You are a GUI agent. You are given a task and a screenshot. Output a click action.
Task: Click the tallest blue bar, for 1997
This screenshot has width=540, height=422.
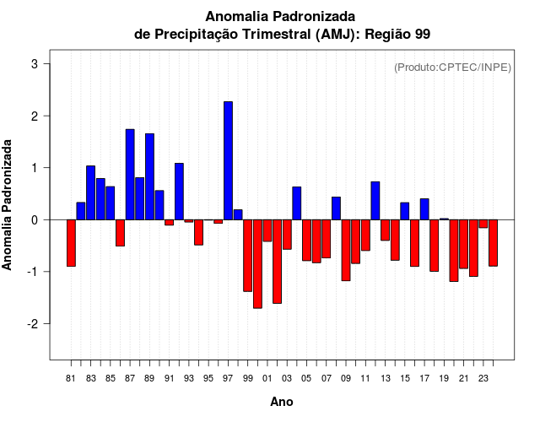pyautogui.click(x=228, y=160)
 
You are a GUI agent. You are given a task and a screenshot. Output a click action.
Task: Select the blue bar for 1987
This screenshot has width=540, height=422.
pyautogui.click(x=130, y=174)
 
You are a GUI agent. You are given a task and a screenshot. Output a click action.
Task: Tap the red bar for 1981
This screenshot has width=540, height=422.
pyautogui.click(x=71, y=243)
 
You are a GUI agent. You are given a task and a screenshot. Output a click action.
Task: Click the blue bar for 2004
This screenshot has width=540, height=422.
pyautogui.click(x=296, y=203)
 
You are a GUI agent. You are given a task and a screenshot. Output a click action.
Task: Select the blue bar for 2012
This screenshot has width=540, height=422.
pyautogui.click(x=375, y=201)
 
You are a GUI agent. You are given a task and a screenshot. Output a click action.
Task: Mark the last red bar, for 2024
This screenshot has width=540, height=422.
pyautogui.click(x=493, y=243)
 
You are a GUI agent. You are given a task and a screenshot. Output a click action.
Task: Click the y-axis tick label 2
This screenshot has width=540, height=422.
pyautogui.click(x=35, y=116)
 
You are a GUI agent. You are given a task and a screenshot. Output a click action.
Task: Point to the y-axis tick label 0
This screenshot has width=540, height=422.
pyautogui.click(x=35, y=220)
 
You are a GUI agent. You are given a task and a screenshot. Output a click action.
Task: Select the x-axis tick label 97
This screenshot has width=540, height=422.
pyautogui.click(x=228, y=378)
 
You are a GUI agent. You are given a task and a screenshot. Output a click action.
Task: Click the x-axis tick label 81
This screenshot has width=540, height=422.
pyautogui.click(x=71, y=378)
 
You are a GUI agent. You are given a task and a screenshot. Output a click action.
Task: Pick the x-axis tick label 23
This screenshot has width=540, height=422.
pyautogui.click(x=483, y=378)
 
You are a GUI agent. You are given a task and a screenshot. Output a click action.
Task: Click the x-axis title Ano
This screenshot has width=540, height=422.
pyautogui.click(x=281, y=403)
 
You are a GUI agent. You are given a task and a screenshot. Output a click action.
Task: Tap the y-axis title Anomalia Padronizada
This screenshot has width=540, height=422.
pyautogui.click(x=8, y=204)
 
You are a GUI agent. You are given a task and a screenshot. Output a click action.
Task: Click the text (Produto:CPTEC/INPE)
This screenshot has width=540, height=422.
pyautogui.click(x=452, y=68)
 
